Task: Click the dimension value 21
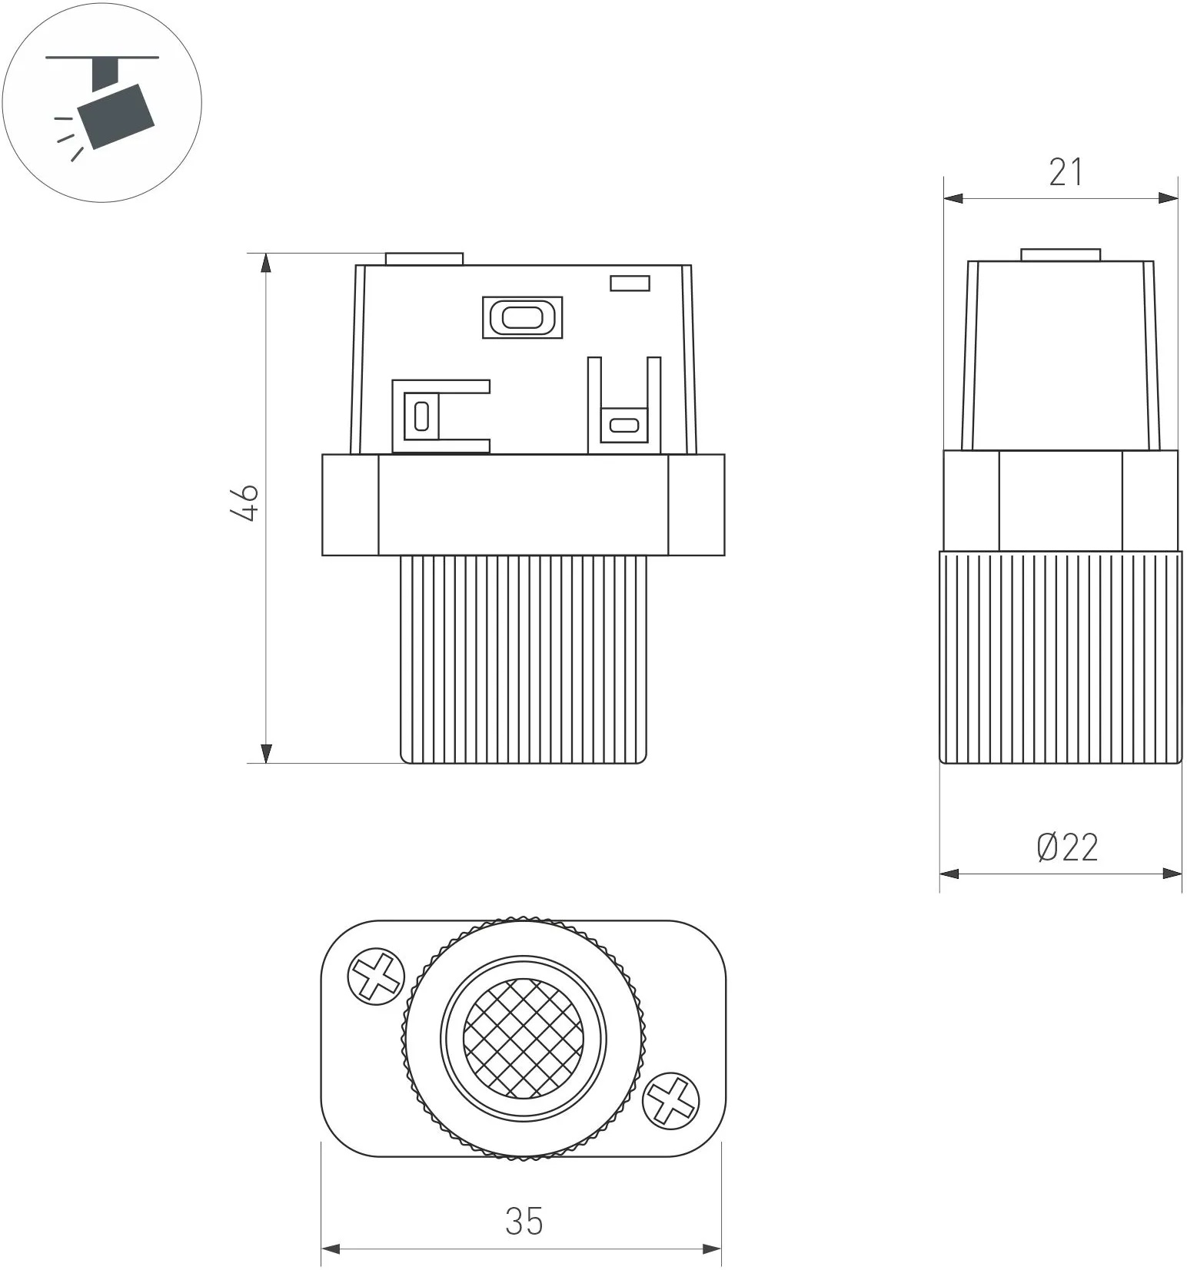coord(1066,172)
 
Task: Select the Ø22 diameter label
coord(1067,847)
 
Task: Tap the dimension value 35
coord(524,1221)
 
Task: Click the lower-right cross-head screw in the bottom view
coord(671,1101)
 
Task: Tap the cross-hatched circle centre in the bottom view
coord(522,1038)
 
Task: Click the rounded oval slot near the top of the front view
coord(522,317)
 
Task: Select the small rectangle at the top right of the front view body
coord(630,284)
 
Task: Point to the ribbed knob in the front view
coord(523,659)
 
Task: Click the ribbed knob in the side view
coord(1061,657)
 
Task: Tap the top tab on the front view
coord(424,258)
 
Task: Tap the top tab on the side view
coord(1061,255)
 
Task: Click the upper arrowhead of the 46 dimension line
coord(266,263)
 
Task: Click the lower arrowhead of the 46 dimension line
coord(266,754)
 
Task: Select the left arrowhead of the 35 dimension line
coord(331,1249)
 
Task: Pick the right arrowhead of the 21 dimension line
coord(1168,198)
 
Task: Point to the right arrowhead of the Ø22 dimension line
coord(1172,874)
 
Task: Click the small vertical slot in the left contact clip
coord(421,416)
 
